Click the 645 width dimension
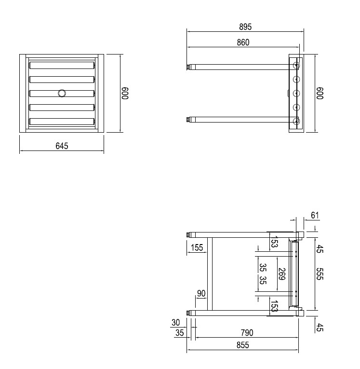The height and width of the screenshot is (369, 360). click(62, 146)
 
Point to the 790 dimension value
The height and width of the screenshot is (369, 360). click(246, 333)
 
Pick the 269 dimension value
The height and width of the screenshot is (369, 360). click(282, 274)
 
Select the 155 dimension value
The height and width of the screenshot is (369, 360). click(197, 248)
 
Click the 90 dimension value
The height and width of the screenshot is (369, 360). click(201, 294)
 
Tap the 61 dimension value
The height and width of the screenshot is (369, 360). click(315, 215)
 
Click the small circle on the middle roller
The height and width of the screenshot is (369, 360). click(62, 93)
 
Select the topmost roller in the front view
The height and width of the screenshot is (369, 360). click(61, 65)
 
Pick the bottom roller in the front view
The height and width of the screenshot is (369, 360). click(61, 122)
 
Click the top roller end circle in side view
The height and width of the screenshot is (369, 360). click(296, 65)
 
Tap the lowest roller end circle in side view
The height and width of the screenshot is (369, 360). click(296, 121)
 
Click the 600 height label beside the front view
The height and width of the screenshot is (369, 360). click(125, 93)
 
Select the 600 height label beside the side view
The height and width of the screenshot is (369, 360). click(319, 93)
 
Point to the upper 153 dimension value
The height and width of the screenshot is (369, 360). click(273, 243)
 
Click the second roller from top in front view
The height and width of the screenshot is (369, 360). click(61, 79)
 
